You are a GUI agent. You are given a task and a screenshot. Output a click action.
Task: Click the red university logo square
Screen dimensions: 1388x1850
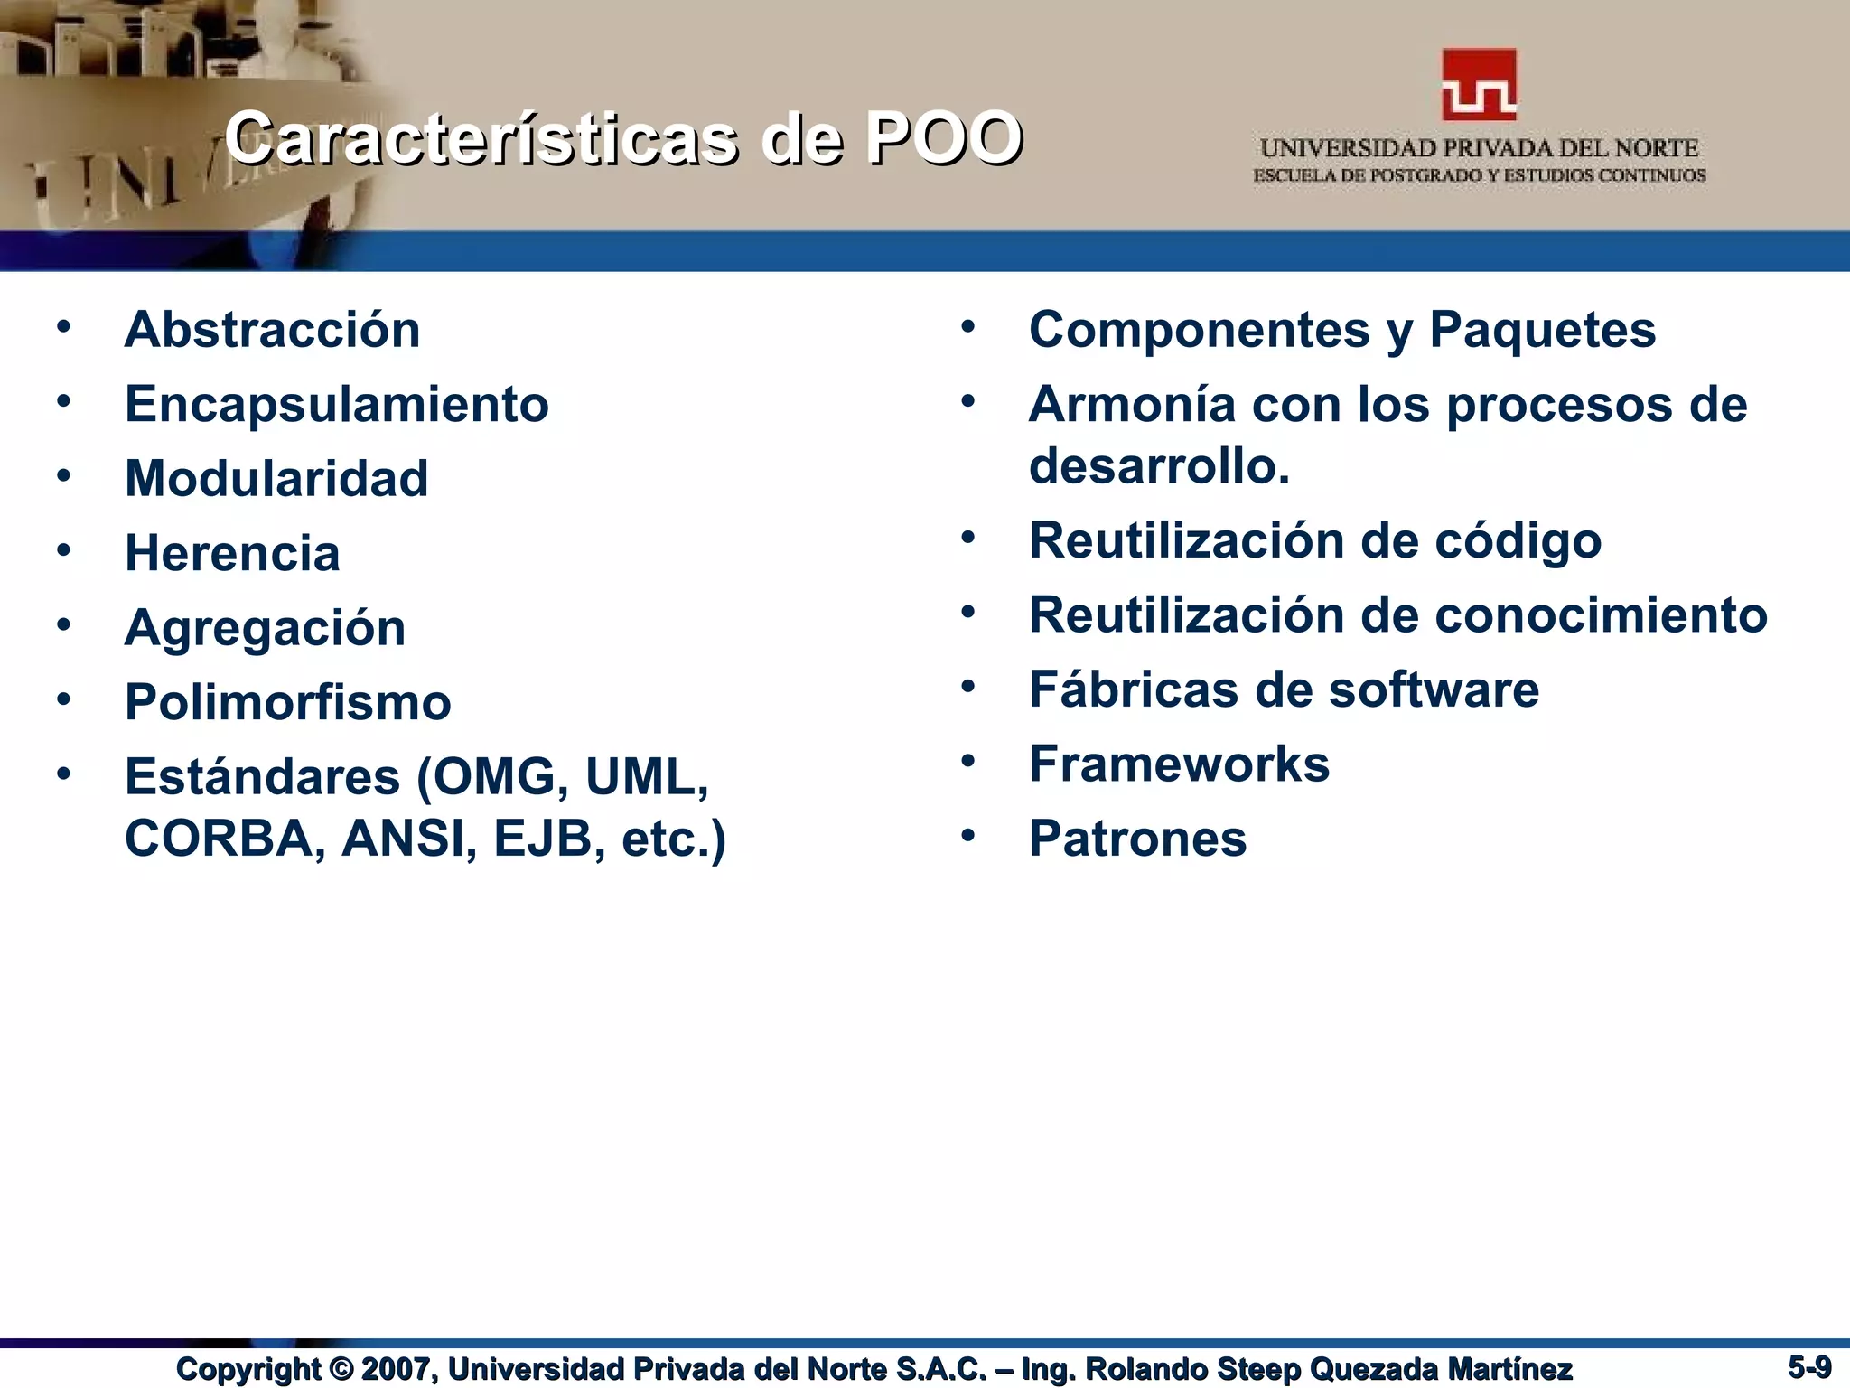tap(1479, 86)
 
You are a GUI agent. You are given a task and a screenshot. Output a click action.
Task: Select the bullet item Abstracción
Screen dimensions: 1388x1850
tap(272, 330)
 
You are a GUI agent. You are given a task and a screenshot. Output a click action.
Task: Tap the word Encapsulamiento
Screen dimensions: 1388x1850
tap(336, 404)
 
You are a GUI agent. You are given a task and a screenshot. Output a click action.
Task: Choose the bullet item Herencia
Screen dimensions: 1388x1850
tap(232, 553)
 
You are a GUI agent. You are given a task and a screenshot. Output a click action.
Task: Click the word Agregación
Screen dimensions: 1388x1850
tap(265, 627)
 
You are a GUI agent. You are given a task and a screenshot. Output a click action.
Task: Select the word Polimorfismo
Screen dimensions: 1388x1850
tap(287, 702)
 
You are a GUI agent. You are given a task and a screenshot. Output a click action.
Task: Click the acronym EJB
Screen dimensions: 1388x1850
tap(542, 839)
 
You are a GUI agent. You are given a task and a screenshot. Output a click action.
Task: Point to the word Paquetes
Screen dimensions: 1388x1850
tap(1542, 330)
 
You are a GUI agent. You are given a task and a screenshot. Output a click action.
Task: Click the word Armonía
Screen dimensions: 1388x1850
tap(1132, 404)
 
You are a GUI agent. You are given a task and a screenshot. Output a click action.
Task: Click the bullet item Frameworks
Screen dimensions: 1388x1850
tap(1179, 764)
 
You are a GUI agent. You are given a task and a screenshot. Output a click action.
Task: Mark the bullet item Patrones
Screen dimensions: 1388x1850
tap(1137, 839)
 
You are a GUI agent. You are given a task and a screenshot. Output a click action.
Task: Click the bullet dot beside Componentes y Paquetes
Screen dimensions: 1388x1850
tap(967, 326)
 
